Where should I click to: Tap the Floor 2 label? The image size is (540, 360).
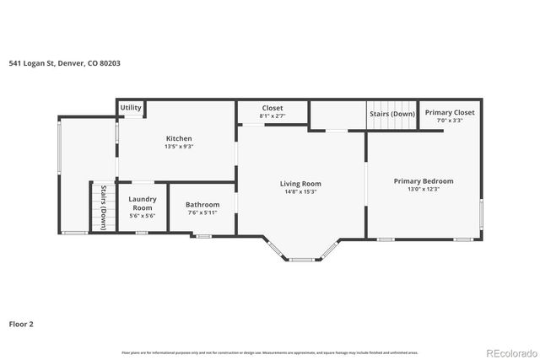pos(21,323)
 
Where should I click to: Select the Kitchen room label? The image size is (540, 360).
pos(178,138)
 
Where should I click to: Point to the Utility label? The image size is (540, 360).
pos(131,108)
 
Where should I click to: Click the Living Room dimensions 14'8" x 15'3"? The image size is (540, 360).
pos(300,192)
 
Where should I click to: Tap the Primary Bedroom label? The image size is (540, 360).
pos(424,181)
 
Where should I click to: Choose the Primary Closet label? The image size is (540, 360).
pos(449,112)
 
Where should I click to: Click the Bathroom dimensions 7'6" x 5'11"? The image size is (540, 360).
pos(202,212)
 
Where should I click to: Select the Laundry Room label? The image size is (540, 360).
pos(142,203)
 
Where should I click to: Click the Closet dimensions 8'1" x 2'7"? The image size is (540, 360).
pos(272,116)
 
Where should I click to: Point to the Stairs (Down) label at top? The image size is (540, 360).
pos(391,113)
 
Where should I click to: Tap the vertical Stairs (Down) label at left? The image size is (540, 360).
pos(103,207)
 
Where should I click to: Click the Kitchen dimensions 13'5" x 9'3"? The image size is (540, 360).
pos(178,147)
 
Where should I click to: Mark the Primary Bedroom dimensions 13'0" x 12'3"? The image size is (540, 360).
pos(424,190)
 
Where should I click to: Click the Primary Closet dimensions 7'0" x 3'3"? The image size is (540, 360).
pos(449,121)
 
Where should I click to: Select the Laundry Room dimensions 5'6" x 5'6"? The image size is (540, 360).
pos(142,216)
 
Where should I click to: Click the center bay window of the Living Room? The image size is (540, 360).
pos(301,260)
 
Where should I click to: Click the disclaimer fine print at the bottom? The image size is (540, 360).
pos(269,352)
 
